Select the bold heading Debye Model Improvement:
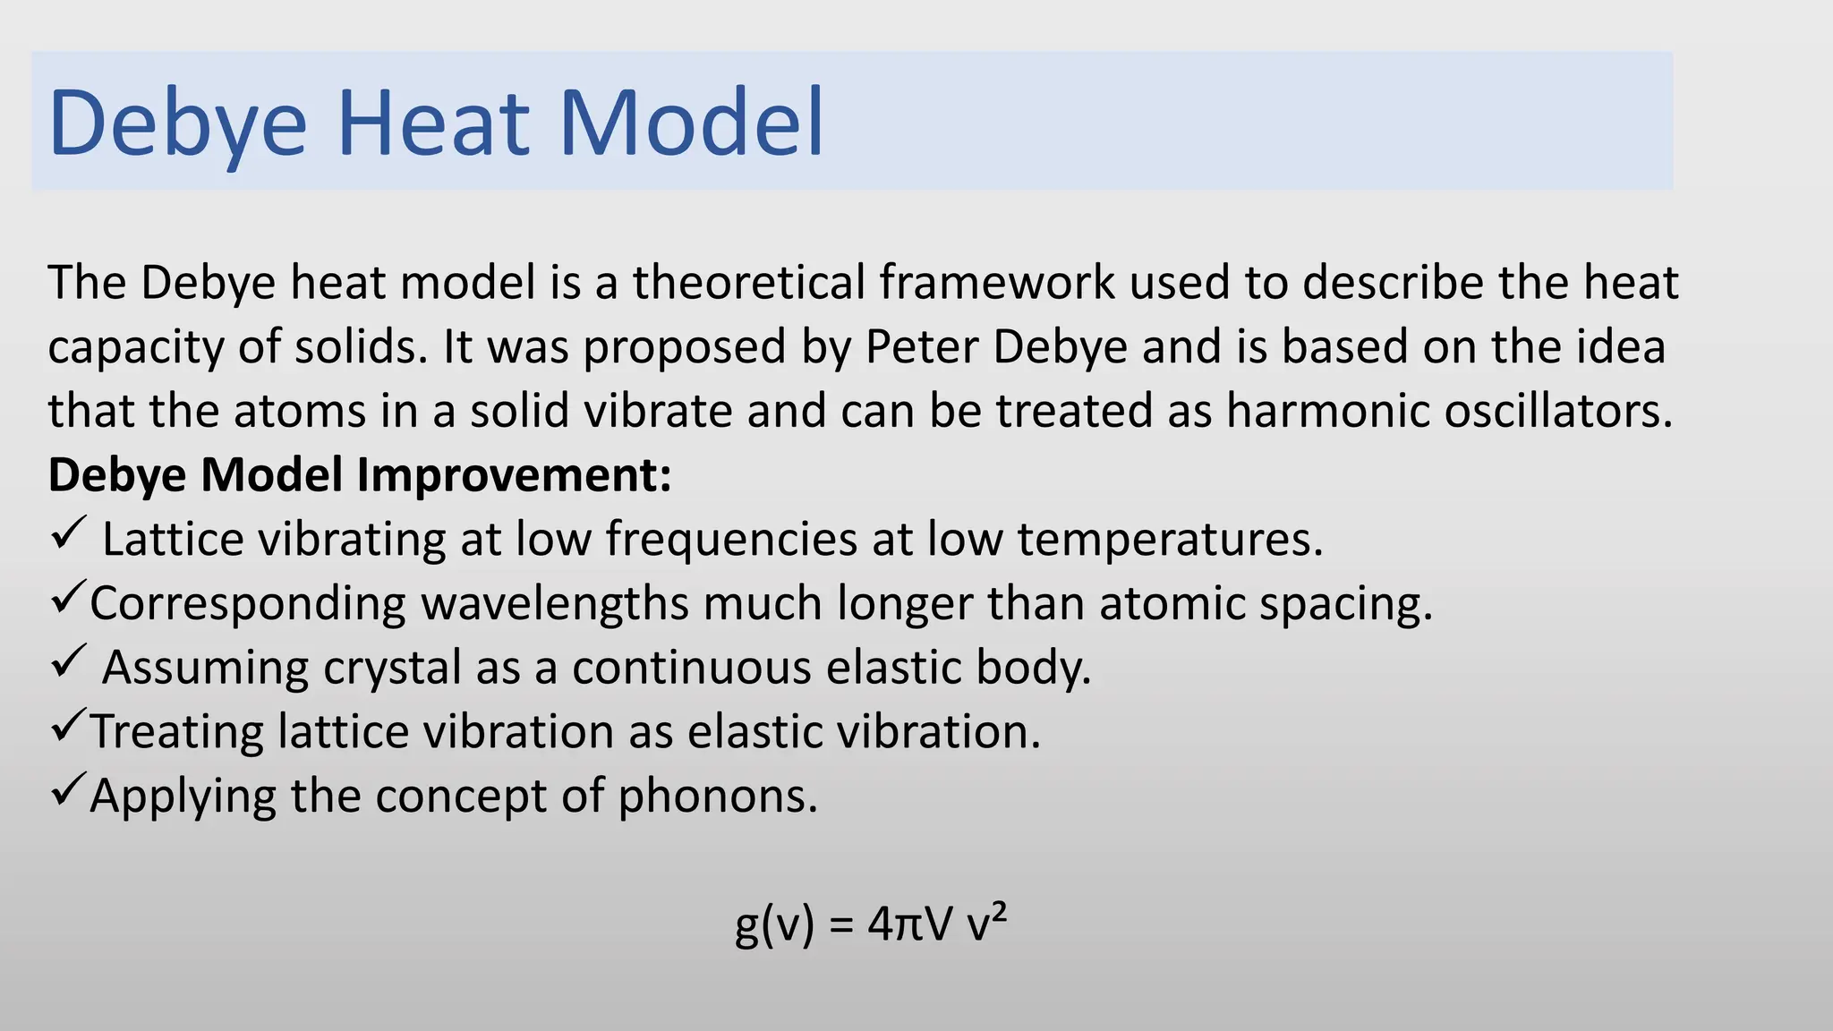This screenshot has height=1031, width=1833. [359, 474]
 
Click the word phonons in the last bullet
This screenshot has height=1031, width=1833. [717, 796]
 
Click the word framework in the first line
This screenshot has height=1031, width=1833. [996, 283]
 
